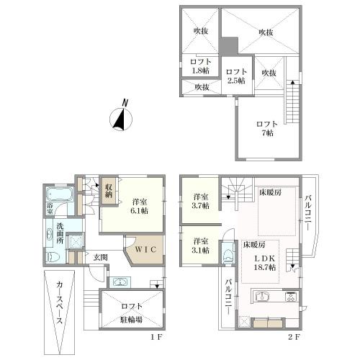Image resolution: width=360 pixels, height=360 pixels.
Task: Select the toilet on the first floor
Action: [x=51, y=257]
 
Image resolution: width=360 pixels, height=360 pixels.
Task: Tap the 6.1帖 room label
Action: [x=139, y=206]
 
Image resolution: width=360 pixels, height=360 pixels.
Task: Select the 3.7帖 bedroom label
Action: [x=200, y=201]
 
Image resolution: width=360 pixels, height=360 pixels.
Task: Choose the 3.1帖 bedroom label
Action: [x=200, y=246]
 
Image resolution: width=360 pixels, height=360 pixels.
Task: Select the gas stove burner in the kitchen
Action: [x=291, y=295]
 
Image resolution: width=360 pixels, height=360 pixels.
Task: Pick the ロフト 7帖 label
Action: [x=266, y=129]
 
